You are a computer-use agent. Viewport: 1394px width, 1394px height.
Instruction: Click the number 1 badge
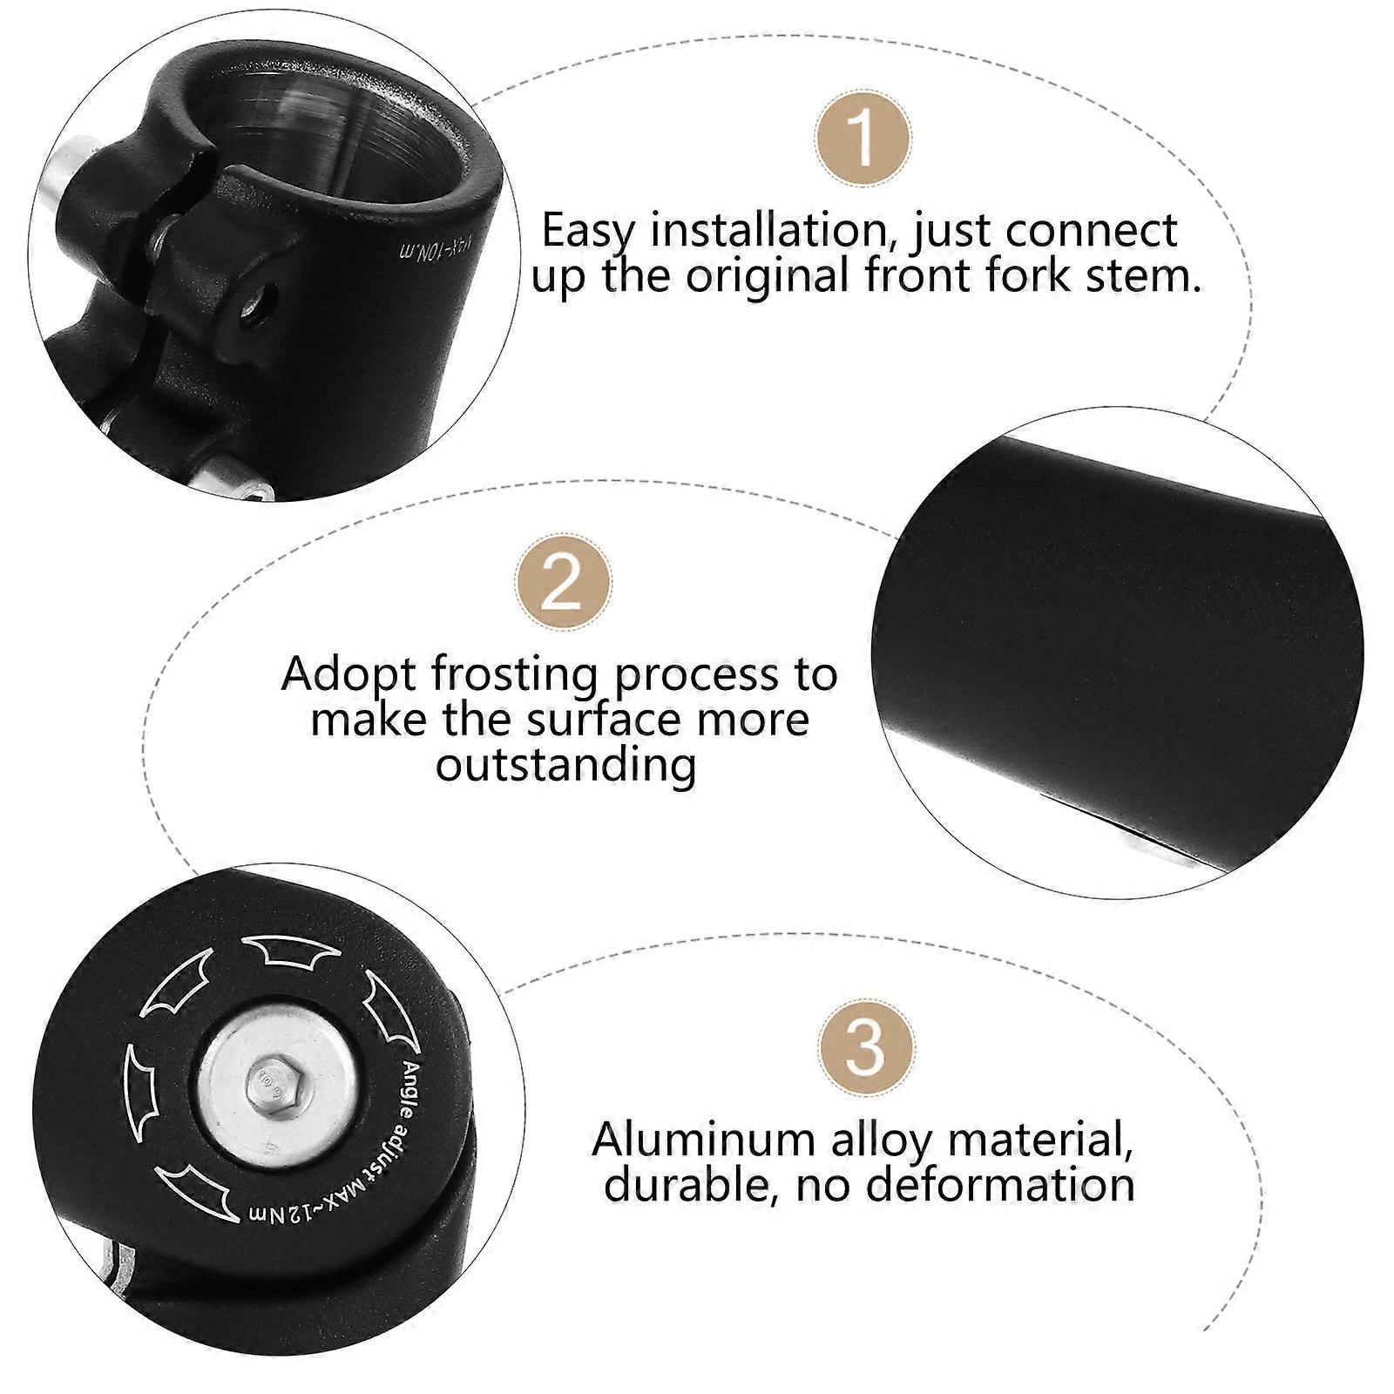(863, 138)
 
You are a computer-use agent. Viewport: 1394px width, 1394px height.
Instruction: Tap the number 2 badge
(562, 582)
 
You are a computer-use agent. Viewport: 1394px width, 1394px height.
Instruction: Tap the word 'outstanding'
(566, 765)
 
